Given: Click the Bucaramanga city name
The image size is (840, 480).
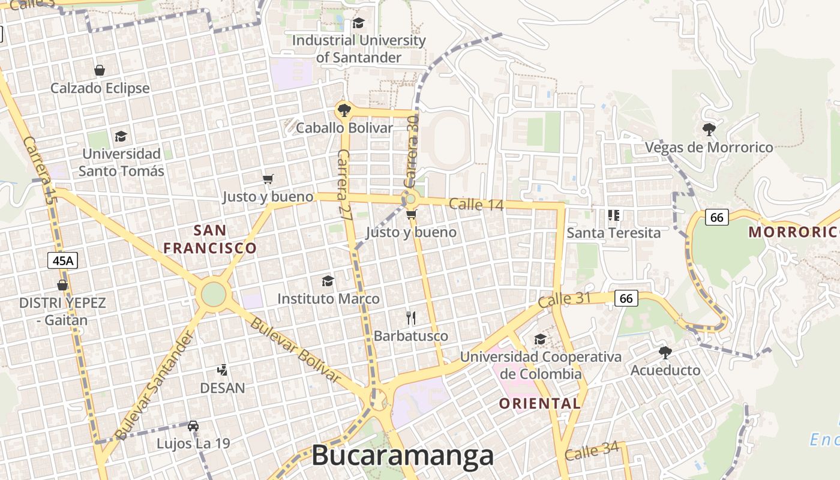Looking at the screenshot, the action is (402, 456).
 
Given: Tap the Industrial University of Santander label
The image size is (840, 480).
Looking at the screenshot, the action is (359, 49).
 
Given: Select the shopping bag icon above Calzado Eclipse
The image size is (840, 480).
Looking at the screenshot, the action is (100, 70).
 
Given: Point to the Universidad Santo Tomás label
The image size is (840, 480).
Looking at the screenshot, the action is (121, 163).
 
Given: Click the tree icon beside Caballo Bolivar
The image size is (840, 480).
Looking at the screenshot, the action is (344, 110).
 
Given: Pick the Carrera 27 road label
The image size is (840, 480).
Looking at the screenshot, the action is (343, 185).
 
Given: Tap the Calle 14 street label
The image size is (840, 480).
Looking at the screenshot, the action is (476, 204).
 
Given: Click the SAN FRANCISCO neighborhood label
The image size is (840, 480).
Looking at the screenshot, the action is (210, 239).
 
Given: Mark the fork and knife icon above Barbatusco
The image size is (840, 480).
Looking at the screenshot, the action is (411, 317).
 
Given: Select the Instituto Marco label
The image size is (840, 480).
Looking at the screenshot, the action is (328, 298).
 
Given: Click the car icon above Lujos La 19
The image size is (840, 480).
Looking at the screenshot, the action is (193, 425).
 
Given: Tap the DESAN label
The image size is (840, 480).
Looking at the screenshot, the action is (223, 388).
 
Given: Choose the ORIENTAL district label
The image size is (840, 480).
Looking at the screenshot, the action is (539, 403).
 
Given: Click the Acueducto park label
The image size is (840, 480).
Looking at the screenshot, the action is (665, 370).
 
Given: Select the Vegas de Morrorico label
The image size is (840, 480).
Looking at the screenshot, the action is (709, 147).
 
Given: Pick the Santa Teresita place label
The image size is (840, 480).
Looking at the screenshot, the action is (613, 232).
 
